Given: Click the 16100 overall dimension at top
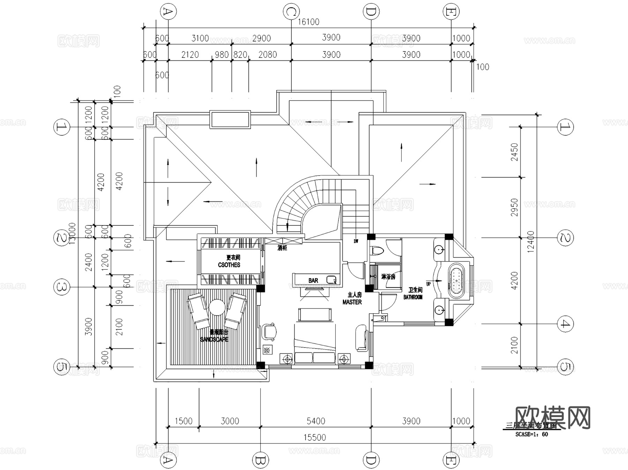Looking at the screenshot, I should click(x=308, y=22).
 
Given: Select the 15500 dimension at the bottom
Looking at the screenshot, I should click(x=314, y=438).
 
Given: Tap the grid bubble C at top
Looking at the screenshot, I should click(x=291, y=12).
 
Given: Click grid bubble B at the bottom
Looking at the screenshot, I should click(x=260, y=461).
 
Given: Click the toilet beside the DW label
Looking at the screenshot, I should click(x=377, y=250).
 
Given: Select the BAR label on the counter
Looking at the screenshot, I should click(x=313, y=281).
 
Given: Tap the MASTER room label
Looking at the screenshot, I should click(x=352, y=302).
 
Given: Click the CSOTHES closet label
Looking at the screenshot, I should click(x=229, y=265).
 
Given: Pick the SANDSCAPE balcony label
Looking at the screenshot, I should click(x=214, y=339).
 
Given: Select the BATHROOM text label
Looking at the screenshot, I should click(x=413, y=297).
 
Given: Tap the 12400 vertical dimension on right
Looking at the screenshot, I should click(x=531, y=241).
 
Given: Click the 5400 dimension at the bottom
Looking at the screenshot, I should click(x=316, y=421).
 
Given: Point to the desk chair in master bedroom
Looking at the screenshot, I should click(x=270, y=331).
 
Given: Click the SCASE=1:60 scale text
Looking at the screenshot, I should click(x=531, y=434).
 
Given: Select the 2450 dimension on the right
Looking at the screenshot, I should click(x=515, y=152).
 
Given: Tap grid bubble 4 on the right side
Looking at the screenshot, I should click(x=565, y=324).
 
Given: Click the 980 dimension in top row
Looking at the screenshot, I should click(x=222, y=55).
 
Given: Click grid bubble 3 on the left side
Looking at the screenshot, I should click(x=62, y=287).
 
